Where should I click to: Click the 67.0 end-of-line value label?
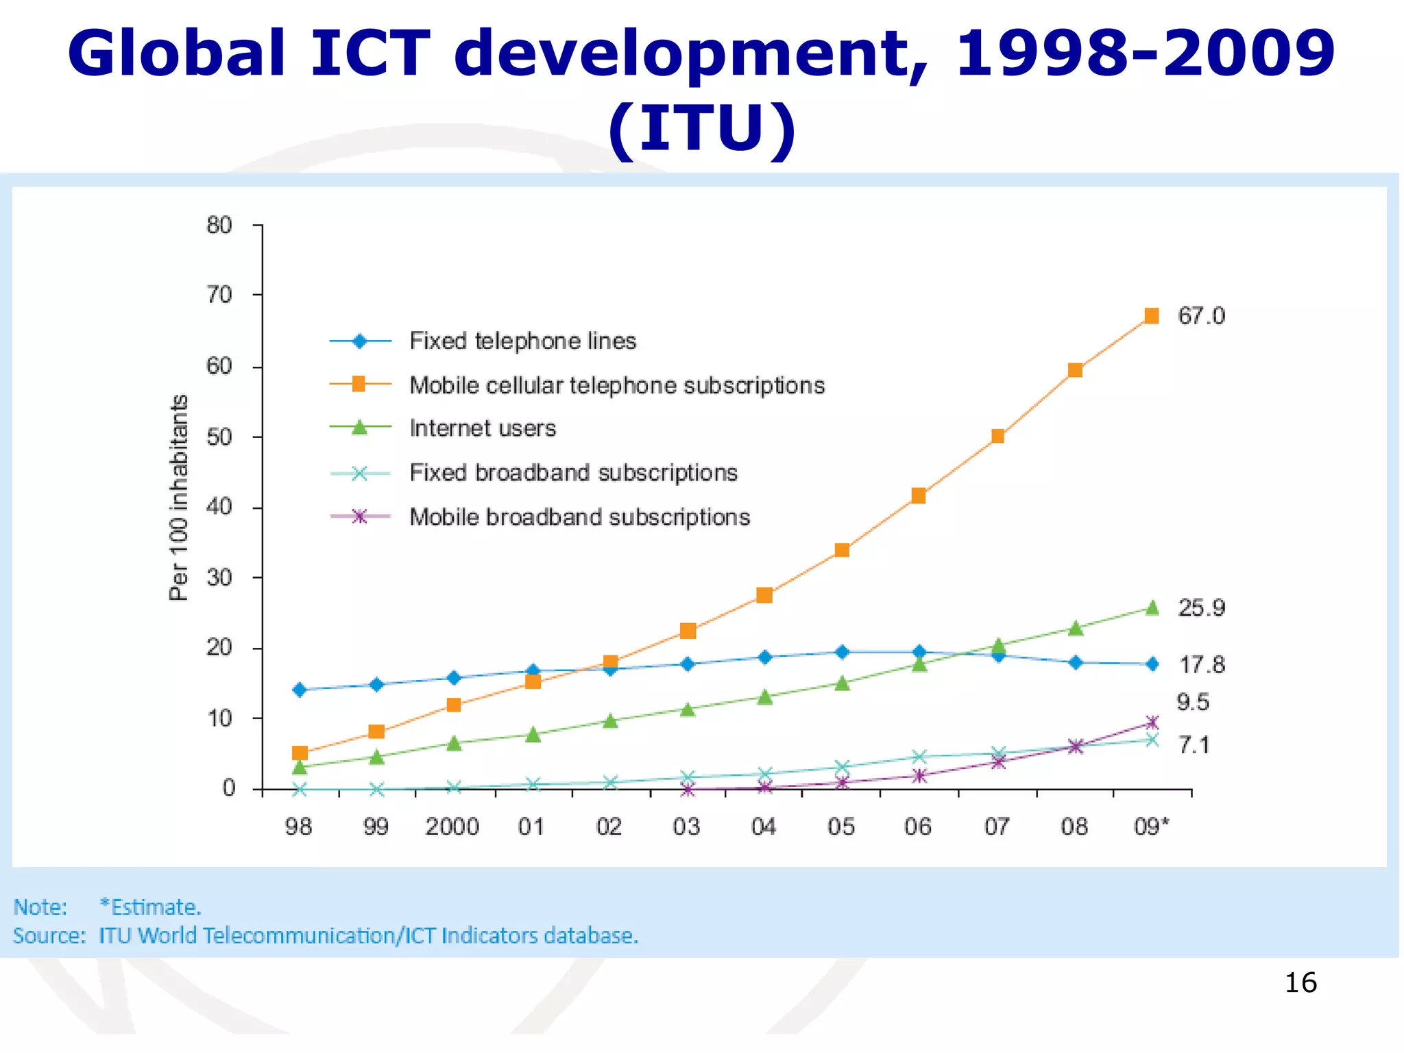pyautogui.click(x=1201, y=316)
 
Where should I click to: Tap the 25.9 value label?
pyautogui.click(x=1201, y=608)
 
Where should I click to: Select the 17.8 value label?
pyautogui.click(x=1201, y=664)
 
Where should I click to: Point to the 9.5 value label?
pyautogui.click(x=1193, y=702)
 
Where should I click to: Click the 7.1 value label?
pyautogui.click(x=1194, y=745)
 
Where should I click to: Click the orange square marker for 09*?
pyautogui.click(x=1152, y=316)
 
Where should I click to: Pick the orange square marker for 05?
pyautogui.click(x=842, y=550)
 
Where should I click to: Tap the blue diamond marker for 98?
pyautogui.click(x=300, y=690)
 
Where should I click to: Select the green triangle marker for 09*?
pyautogui.click(x=1152, y=608)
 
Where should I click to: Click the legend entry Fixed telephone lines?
pyautogui.click(x=522, y=341)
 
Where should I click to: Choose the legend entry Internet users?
pyautogui.click(x=483, y=428)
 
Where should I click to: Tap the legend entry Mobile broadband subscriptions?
pyautogui.click(x=579, y=517)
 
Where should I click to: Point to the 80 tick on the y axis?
pyautogui.click(x=219, y=225)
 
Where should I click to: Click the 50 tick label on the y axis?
pyautogui.click(x=219, y=437)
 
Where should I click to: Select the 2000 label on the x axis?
pyautogui.click(x=452, y=827)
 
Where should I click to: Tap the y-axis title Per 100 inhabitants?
pyautogui.click(x=178, y=498)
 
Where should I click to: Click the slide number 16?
pyautogui.click(x=1300, y=982)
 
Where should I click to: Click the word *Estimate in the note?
pyautogui.click(x=149, y=907)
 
